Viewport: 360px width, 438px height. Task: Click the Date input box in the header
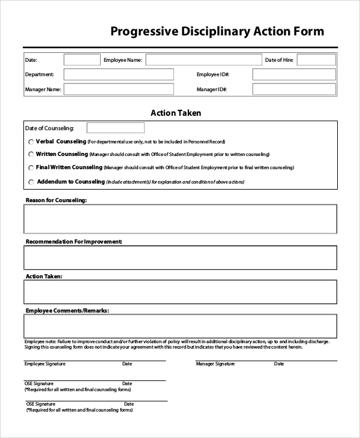pyautogui.click(x=82, y=60)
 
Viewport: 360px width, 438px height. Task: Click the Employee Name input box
pyautogui.click(x=204, y=60)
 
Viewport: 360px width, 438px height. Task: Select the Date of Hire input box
pyautogui.click(x=316, y=60)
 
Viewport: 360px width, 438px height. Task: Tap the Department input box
pyautogui.click(x=119, y=74)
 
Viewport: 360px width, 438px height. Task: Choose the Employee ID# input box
pyautogui.click(x=294, y=74)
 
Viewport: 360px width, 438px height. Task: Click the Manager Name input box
pyautogui.click(x=119, y=89)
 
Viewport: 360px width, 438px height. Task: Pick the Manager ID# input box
pyautogui.click(x=294, y=89)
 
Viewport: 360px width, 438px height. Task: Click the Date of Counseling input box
pyautogui.click(x=116, y=128)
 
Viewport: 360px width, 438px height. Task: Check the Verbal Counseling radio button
pyautogui.click(x=31, y=142)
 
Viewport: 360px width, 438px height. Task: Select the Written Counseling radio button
pyautogui.click(x=31, y=155)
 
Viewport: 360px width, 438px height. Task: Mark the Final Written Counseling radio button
pyautogui.click(x=31, y=168)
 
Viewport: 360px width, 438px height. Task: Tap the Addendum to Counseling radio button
pyautogui.click(x=31, y=182)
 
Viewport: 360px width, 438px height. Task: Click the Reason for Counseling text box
pyautogui.click(x=180, y=218)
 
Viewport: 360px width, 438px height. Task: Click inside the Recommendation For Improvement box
pyautogui.click(x=180, y=257)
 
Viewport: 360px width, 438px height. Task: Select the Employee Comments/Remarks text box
pyautogui.click(x=180, y=326)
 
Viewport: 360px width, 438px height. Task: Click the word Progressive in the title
pyautogui.click(x=143, y=32)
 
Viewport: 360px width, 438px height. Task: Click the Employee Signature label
pyautogui.click(x=45, y=364)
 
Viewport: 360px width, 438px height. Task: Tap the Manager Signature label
pyautogui.click(x=215, y=364)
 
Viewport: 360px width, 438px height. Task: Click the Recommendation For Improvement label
pyautogui.click(x=74, y=241)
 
